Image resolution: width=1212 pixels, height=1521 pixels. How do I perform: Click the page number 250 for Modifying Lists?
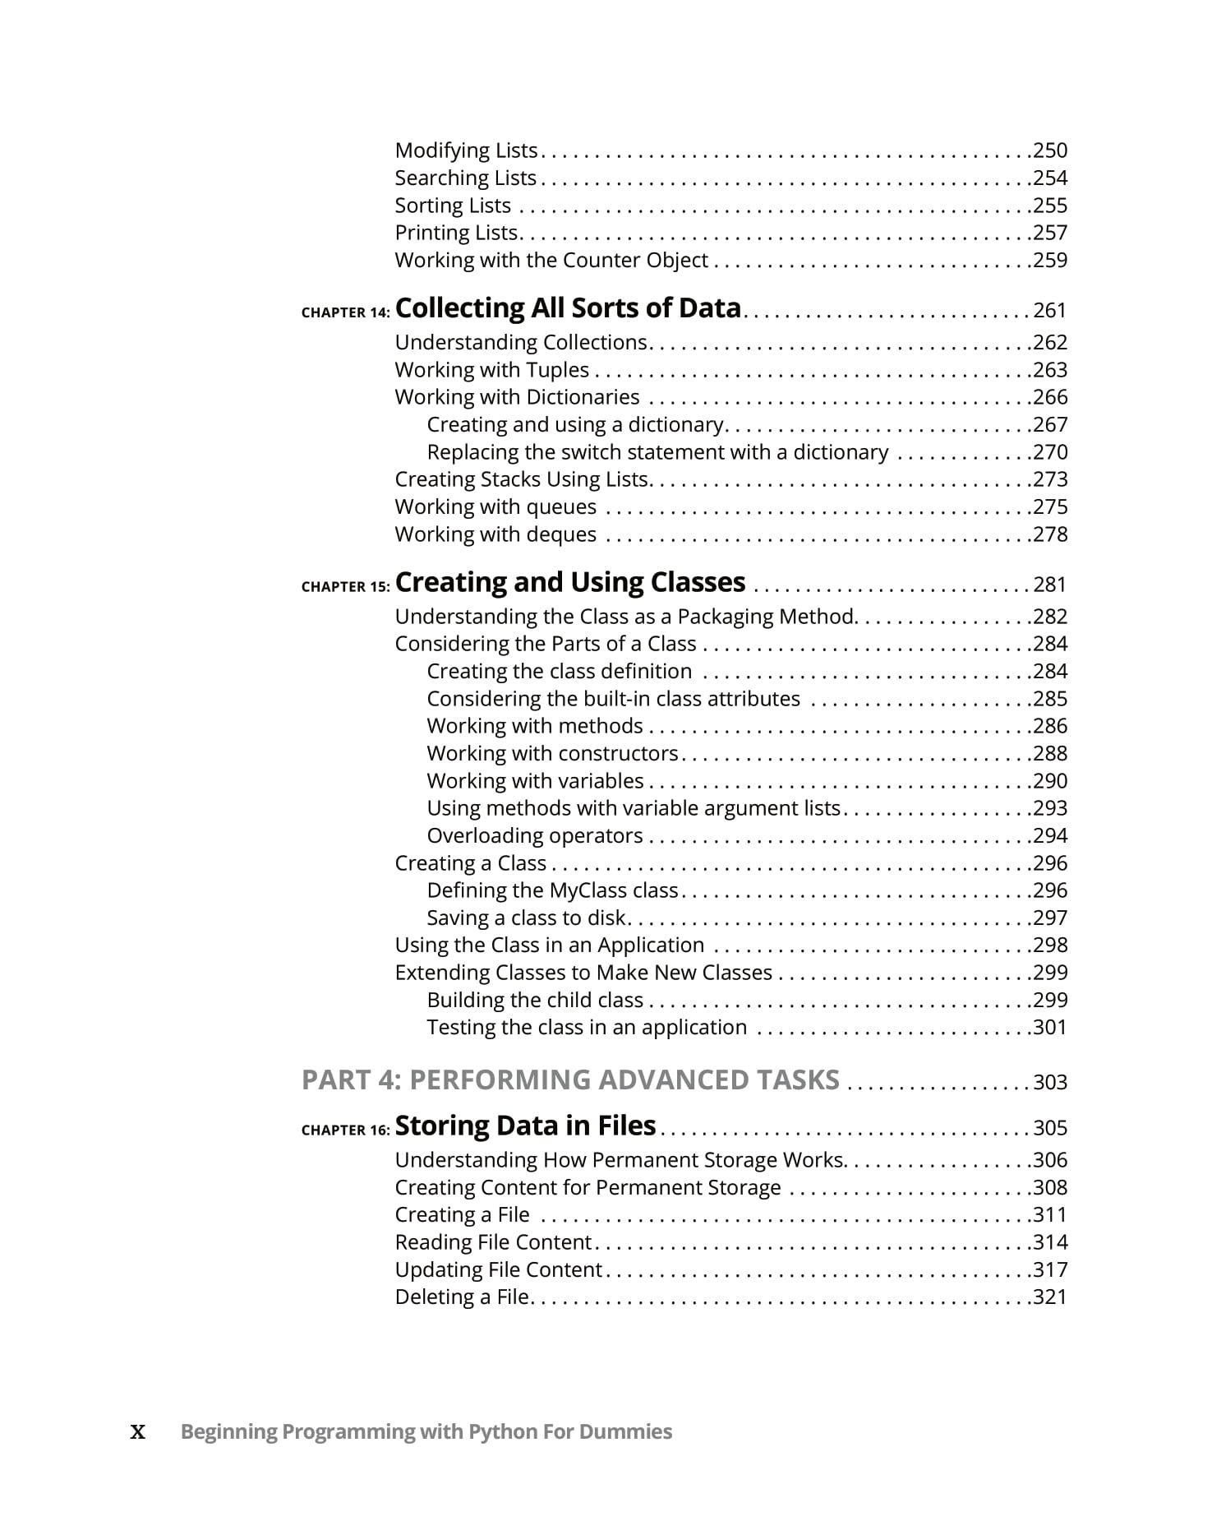(x=1050, y=150)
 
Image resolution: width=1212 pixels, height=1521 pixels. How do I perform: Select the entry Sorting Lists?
(x=453, y=206)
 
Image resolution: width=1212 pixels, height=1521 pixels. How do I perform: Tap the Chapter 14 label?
(x=345, y=312)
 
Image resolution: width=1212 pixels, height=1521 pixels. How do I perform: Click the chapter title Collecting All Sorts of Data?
(x=568, y=308)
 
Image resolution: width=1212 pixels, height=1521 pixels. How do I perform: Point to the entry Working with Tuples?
(x=491, y=370)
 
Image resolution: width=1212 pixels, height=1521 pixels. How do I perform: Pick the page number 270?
(x=1050, y=452)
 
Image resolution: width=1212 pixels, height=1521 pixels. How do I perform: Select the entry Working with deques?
(x=495, y=534)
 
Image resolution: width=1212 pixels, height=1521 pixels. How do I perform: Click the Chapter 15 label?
(x=345, y=587)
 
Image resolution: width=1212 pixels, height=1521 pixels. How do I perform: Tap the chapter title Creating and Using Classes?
(x=570, y=582)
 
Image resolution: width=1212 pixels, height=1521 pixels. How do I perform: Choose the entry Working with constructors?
(x=552, y=753)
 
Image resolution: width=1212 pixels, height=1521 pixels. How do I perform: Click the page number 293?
(x=1050, y=808)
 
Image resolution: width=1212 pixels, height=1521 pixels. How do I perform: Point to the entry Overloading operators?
(x=535, y=835)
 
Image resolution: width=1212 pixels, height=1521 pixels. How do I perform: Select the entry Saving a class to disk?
(x=527, y=918)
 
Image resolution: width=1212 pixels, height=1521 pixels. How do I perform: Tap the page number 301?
(x=1050, y=1028)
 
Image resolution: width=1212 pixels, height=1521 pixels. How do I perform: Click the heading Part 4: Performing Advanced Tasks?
(x=570, y=1079)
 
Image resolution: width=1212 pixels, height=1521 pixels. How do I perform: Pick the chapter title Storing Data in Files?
(x=525, y=1126)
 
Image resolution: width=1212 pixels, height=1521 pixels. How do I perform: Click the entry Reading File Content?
(x=493, y=1242)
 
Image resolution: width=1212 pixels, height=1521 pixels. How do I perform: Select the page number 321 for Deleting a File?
(x=1050, y=1297)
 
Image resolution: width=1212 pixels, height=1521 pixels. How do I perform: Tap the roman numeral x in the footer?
(x=138, y=1432)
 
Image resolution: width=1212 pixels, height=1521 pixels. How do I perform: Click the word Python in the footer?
(x=502, y=1432)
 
